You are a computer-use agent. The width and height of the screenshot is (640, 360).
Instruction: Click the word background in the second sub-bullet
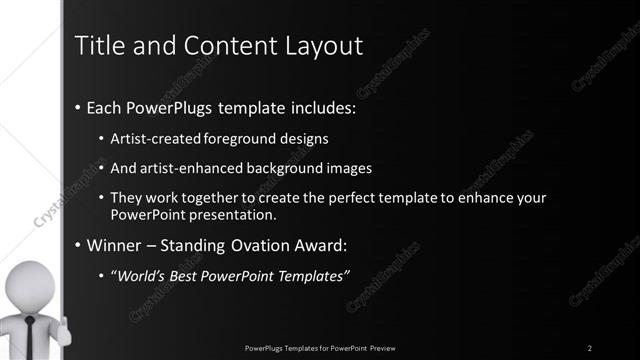click(293, 168)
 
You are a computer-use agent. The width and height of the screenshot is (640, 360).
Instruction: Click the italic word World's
click(143, 275)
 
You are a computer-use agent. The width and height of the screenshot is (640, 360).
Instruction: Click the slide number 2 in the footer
click(590, 347)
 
